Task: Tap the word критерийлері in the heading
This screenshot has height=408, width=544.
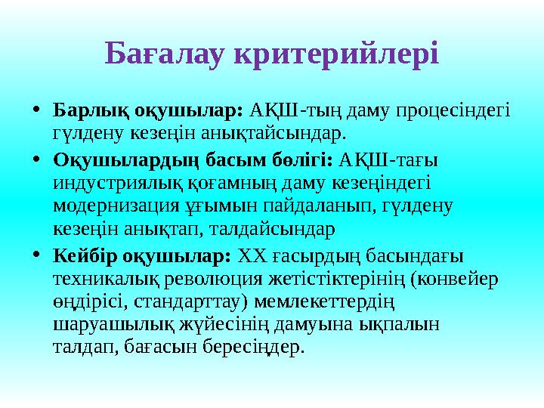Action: (x=336, y=53)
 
